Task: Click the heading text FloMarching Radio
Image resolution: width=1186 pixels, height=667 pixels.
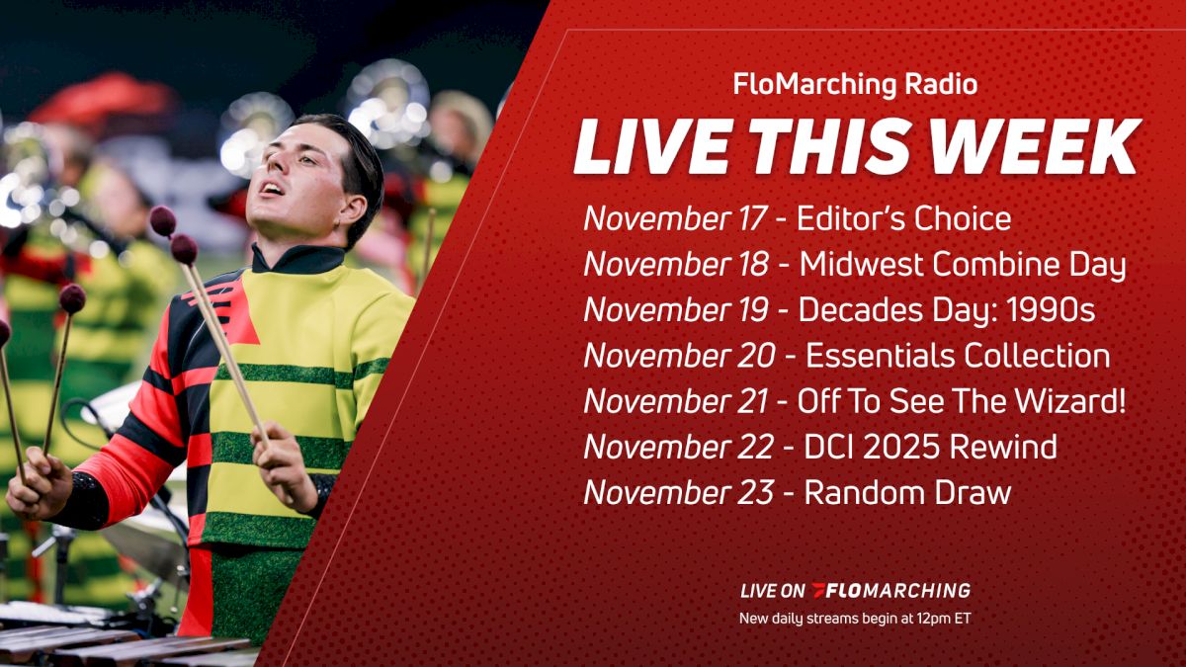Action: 855,85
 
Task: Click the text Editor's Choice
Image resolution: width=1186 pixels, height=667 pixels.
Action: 904,218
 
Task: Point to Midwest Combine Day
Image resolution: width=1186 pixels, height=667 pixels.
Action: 963,264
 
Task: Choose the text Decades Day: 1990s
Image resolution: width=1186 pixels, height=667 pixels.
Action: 946,309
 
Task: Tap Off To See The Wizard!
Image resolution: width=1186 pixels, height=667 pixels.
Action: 963,401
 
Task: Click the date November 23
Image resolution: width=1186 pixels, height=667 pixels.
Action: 679,492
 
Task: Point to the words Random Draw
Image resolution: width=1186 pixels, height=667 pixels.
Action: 907,492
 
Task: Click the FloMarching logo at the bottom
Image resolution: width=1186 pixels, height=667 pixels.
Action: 889,591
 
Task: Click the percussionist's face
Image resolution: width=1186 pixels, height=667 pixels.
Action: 296,188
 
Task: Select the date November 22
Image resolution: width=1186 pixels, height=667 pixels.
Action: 679,447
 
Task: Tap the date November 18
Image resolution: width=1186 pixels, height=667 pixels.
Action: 677,264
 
